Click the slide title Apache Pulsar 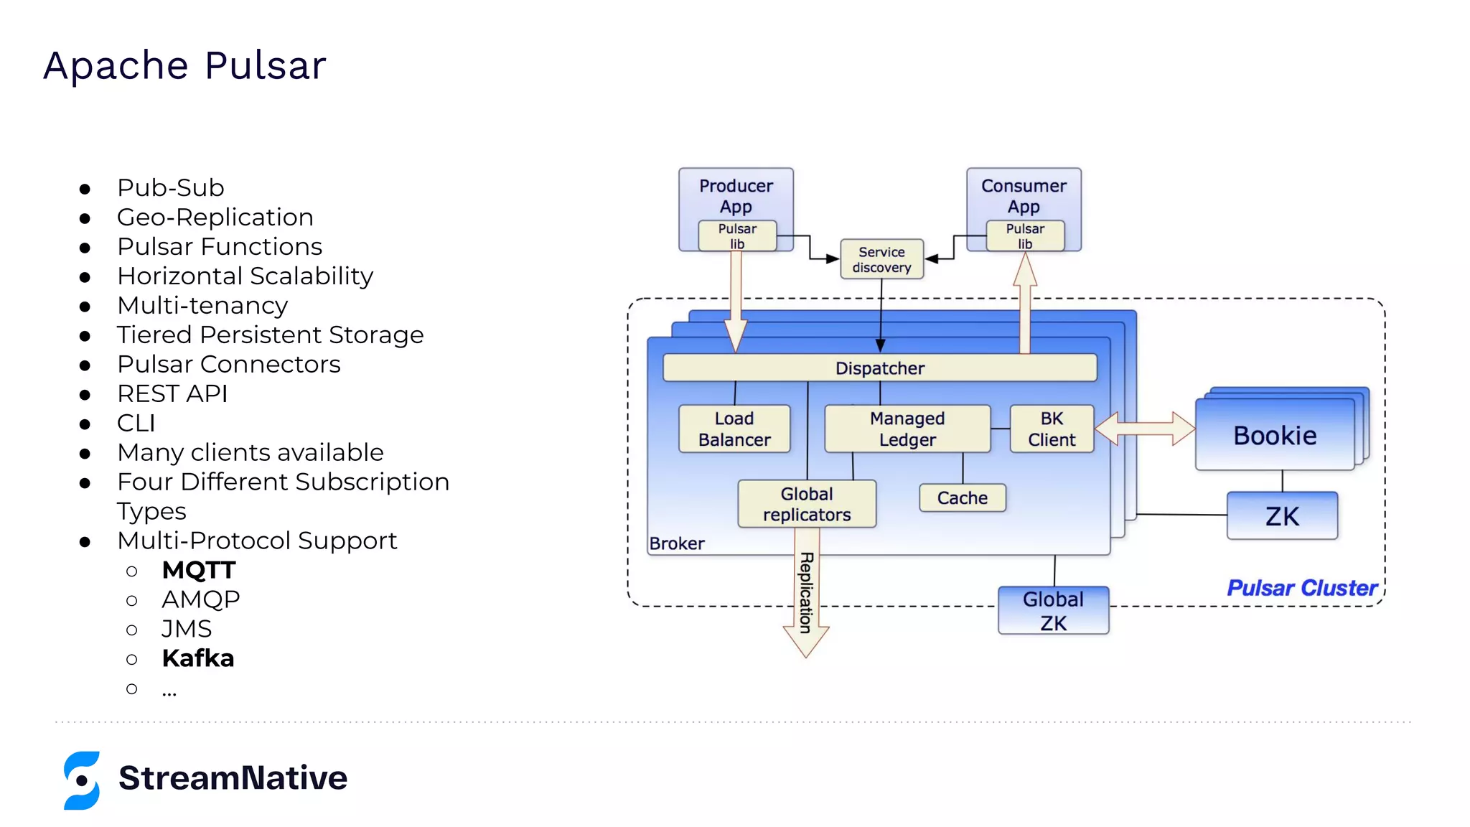pyautogui.click(x=184, y=65)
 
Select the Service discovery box pyautogui.click(x=881, y=259)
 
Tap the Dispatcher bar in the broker pyautogui.click(x=879, y=368)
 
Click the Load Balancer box pyautogui.click(x=734, y=429)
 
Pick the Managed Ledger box pyautogui.click(x=907, y=429)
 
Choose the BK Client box pyautogui.click(x=1052, y=429)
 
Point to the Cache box pyautogui.click(x=962, y=497)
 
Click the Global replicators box pyautogui.click(x=807, y=504)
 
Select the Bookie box pyautogui.click(x=1275, y=436)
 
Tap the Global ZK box pyautogui.click(x=1053, y=611)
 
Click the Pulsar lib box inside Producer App pyautogui.click(x=737, y=235)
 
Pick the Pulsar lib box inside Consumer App pyautogui.click(x=1025, y=235)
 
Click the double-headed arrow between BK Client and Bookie pyautogui.click(x=1145, y=429)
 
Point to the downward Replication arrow pyautogui.click(x=806, y=596)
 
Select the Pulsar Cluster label pyautogui.click(x=1301, y=588)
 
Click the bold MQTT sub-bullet pyautogui.click(x=199, y=570)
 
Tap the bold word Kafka pyautogui.click(x=198, y=658)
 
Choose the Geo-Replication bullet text pyautogui.click(x=215, y=217)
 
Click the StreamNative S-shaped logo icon pyautogui.click(x=82, y=780)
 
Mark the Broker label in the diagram pyautogui.click(x=677, y=543)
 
